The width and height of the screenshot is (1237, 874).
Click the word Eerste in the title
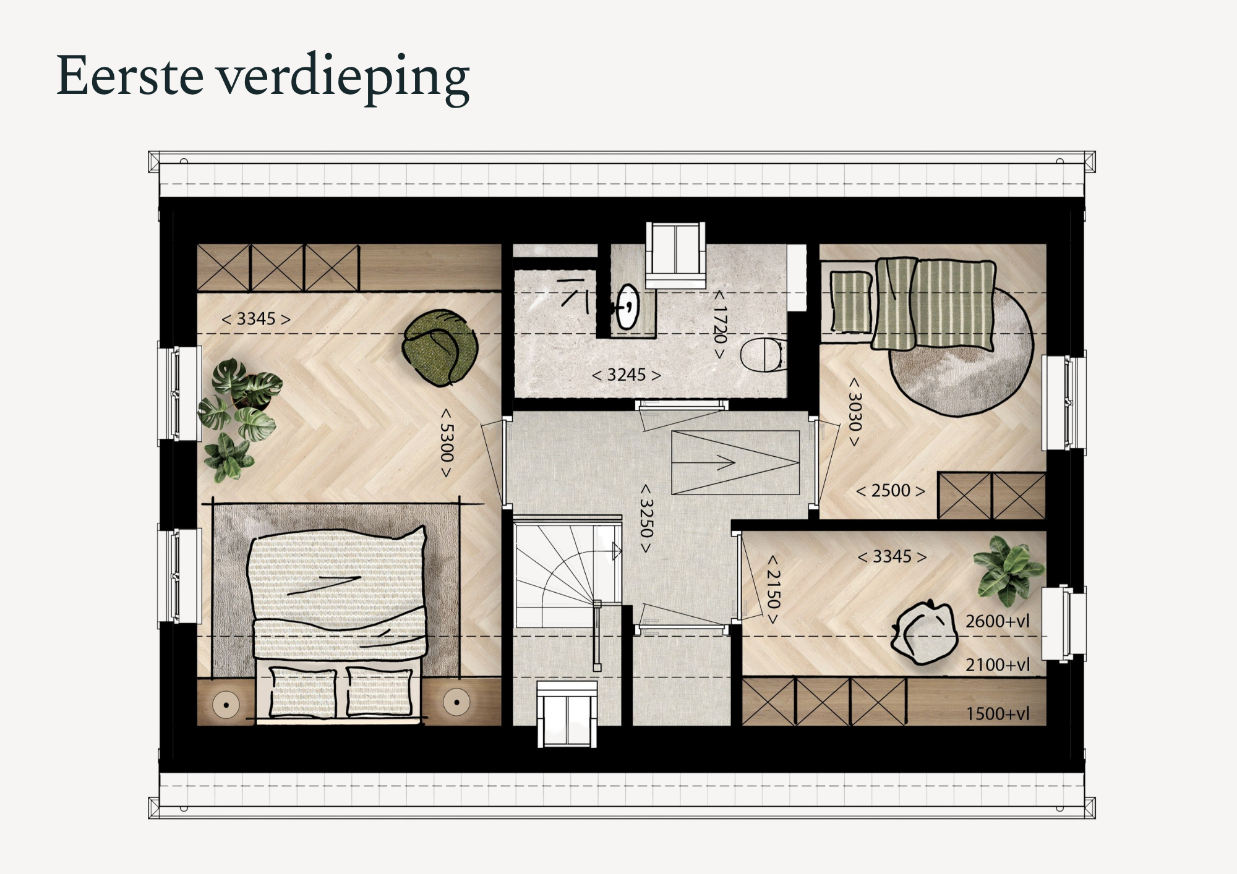pos(130,76)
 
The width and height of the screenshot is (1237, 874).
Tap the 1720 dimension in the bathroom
pos(720,325)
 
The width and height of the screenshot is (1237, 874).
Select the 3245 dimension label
pos(627,375)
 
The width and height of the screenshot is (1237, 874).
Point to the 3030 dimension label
pos(854,412)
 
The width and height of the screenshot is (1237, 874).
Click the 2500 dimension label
pos(891,491)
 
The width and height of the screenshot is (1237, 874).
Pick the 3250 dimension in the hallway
pos(646,518)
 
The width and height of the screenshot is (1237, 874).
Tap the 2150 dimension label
pos(773,588)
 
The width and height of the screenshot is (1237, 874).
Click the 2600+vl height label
pos(998,621)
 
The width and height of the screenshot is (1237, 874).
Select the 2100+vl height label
pos(998,665)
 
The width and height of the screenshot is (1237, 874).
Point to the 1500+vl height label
pos(998,714)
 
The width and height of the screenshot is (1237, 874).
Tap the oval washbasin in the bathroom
pos(628,306)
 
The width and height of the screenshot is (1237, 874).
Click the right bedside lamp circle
pos(456,702)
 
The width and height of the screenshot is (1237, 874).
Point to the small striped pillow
pos(850,302)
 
